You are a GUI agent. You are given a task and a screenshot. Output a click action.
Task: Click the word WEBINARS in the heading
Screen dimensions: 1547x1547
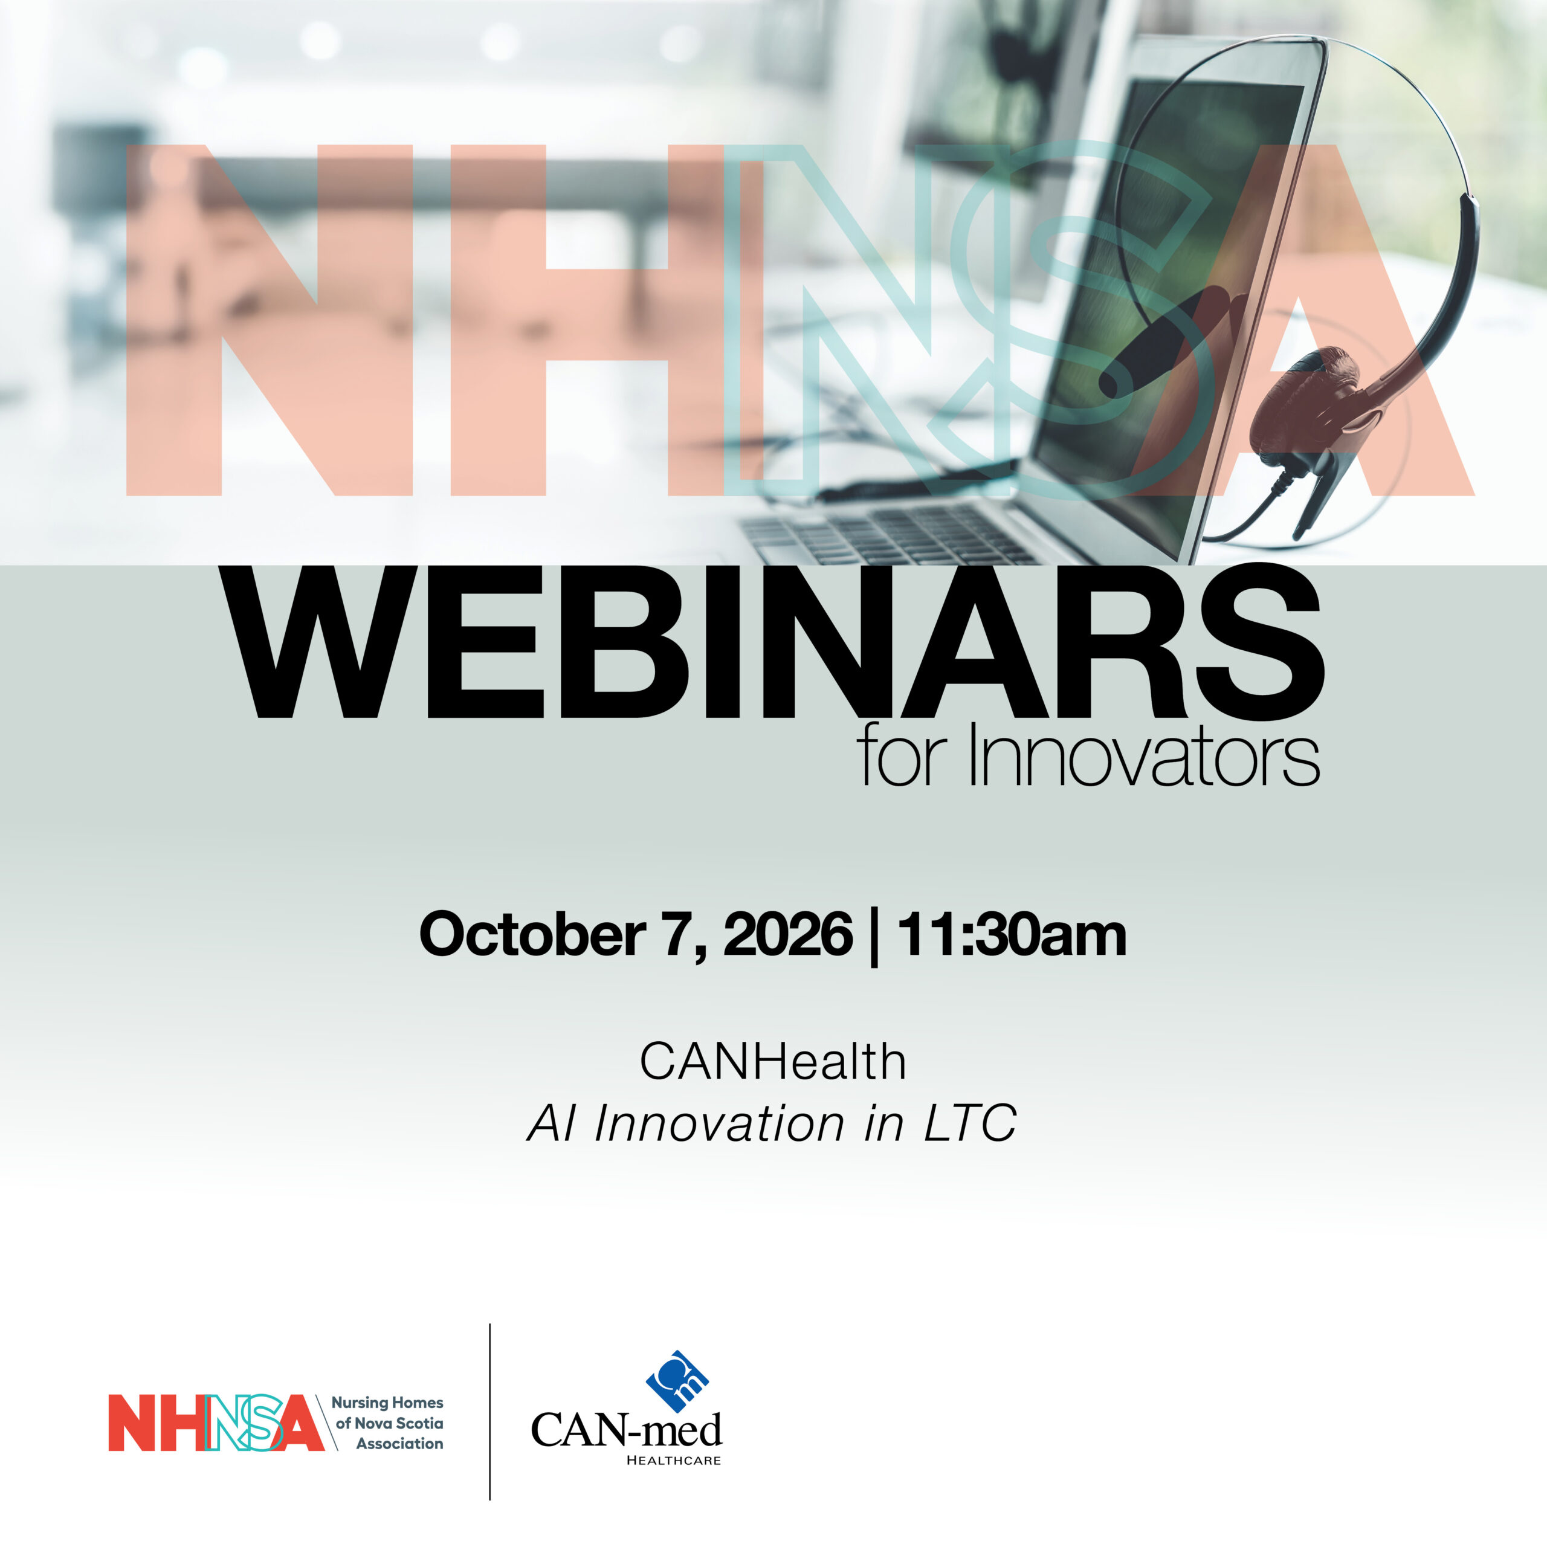coord(773,642)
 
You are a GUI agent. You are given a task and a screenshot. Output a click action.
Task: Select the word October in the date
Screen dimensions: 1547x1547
coord(532,934)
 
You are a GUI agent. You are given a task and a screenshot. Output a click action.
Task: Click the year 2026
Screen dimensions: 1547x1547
coord(788,934)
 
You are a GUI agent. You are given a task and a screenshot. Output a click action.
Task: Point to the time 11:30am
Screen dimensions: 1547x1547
coord(1012,934)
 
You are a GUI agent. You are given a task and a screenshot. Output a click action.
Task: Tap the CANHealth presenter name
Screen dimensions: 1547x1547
coord(773,1062)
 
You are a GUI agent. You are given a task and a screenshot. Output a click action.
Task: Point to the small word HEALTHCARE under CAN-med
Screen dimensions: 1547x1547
coord(673,1460)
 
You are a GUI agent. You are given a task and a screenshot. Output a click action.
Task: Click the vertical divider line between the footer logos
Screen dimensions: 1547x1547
coord(489,1412)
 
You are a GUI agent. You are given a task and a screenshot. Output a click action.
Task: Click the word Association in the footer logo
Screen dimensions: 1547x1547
coord(399,1444)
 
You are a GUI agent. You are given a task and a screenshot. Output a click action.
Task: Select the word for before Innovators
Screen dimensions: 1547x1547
coord(909,755)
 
